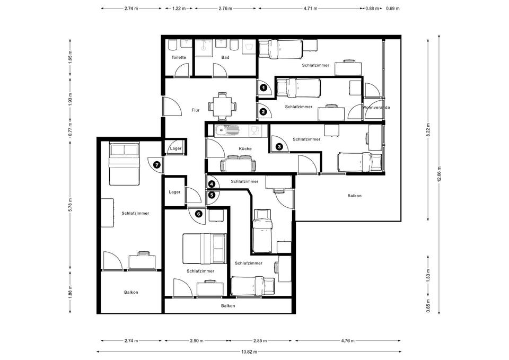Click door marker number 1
pyautogui.click(x=264, y=87)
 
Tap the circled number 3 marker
pyautogui.click(x=279, y=147)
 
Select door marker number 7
pyautogui.click(x=157, y=165)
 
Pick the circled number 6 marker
pyautogui.click(x=199, y=214)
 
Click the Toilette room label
pyautogui.click(x=179, y=57)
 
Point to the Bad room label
pyautogui.click(x=225, y=57)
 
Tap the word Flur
pyautogui.click(x=196, y=110)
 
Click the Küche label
pyautogui.click(x=245, y=148)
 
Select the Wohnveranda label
pyautogui.click(x=376, y=108)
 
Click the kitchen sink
pyautogui.click(x=226, y=131)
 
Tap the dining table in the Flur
pyautogui.click(x=222, y=106)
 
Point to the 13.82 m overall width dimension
pyautogui.click(x=249, y=352)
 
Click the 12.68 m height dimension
pyautogui.click(x=439, y=175)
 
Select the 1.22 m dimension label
pyautogui.click(x=179, y=9)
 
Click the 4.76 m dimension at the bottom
pyautogui.click(x=347, y=341)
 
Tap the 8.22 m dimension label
pyautogui.click(x=428, y=130)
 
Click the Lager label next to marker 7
pyautogui.click(x=175, y=148)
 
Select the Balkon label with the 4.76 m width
pyautogui.click(x=355, y=196)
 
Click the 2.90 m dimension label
pyautogui.click(x=196, y=341)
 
